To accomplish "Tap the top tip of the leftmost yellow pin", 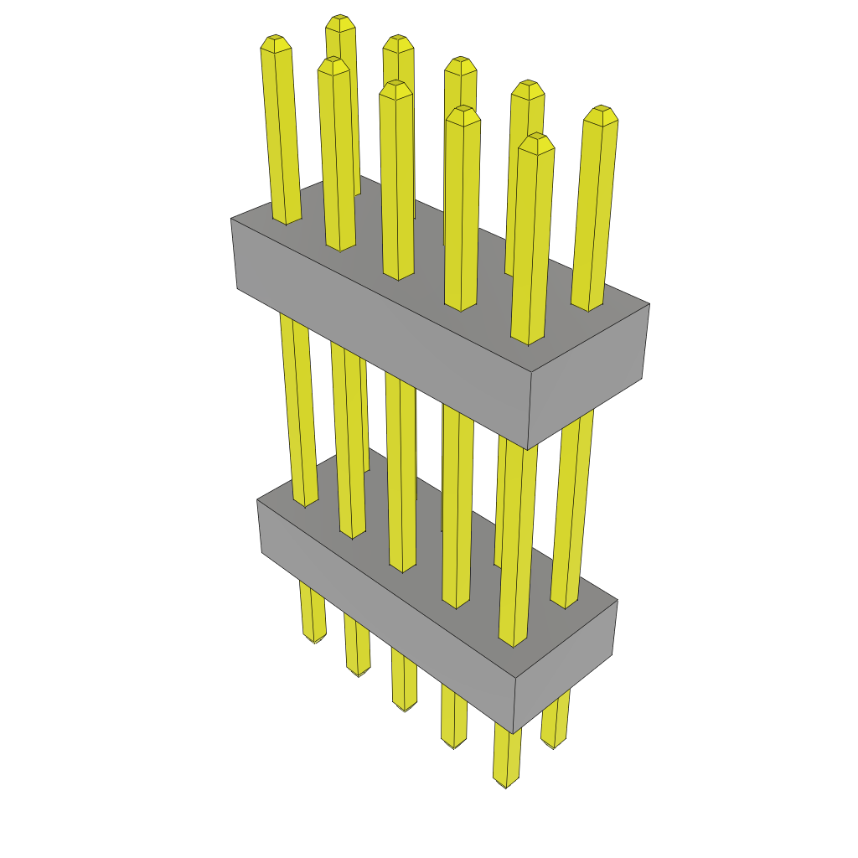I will point(276,41).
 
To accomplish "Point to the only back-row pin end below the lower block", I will point(552,743).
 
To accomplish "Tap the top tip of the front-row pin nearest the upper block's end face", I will point(536,139).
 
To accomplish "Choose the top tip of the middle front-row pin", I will point(395,86).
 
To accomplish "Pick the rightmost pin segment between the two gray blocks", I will point(574,503).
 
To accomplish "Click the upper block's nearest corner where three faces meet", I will point(533,372).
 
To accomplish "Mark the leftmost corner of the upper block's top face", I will point(231,220).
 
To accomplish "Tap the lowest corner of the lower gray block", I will point(514,733).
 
